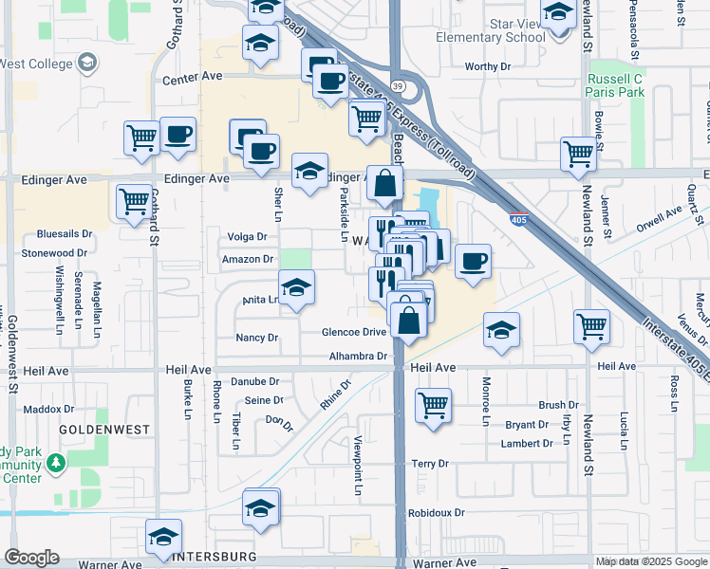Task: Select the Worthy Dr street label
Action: point(488,66)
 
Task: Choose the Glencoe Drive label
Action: point(354,332)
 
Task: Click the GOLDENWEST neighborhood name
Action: point(91,430)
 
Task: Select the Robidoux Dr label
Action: point(436,512)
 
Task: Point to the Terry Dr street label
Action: point(429,464)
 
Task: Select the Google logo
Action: point(31,558)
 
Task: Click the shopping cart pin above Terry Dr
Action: point(433,405)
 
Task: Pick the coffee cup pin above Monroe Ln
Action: point(472,262)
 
